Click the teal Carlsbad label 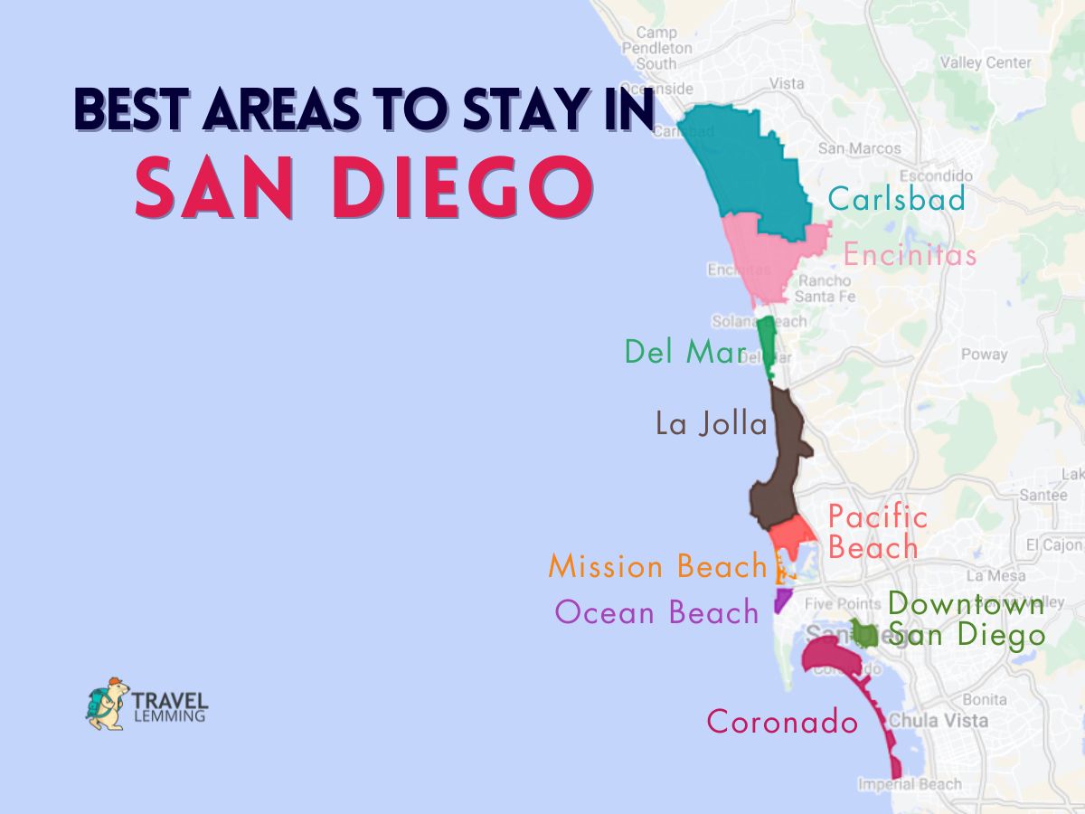tap(896, 199)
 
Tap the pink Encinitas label tap(910, 255)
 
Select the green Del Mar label tap(684, 352)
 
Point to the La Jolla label tap(711, 424)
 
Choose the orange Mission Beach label tap(657, 567)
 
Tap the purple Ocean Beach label tap(656, 613)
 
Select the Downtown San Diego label tap(966, 620)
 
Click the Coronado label tap(782, 722)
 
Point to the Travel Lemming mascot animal tap(107, 704)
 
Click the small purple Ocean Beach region tap(782, 599)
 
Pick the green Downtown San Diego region tap(863, 633)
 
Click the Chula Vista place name tap(937, 721)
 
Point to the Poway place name tap(984, 355)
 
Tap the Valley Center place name tap(985, 63)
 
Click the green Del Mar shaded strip tap(767, 344)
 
